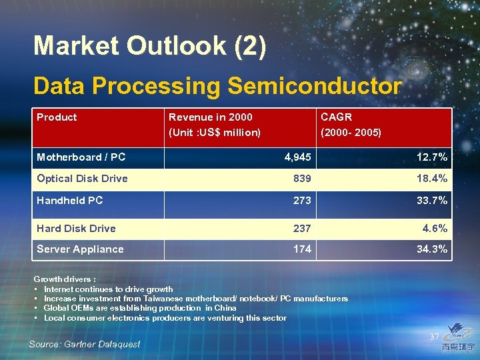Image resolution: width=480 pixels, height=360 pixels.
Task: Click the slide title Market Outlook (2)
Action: click(x=149, y=46)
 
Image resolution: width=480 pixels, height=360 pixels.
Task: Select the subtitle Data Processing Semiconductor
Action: click(x=217, y=86)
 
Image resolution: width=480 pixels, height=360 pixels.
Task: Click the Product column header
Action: click(x=57, y=117)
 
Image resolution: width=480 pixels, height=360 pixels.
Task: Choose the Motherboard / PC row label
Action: click(x=81, y=157)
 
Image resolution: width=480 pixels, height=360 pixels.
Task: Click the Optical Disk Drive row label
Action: click(x=82, y=179)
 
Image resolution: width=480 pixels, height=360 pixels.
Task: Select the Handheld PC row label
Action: click(x=69, y=200)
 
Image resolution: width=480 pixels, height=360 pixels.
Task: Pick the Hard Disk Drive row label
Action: click(x=76, y=228)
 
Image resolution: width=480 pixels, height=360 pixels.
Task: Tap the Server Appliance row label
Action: click(x=80, y=249)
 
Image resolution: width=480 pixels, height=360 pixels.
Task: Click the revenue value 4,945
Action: click(x=297, y=157)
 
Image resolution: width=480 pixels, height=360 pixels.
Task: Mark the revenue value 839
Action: click(x=302, y=179)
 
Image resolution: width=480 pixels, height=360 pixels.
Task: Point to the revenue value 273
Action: click(x=302, y=200)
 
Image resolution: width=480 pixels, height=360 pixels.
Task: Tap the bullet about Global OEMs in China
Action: click(x=139, y=308)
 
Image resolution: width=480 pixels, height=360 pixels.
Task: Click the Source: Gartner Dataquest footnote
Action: click(x=85, y=344)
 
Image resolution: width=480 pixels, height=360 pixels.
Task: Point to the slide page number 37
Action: click(x=434, y=337)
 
